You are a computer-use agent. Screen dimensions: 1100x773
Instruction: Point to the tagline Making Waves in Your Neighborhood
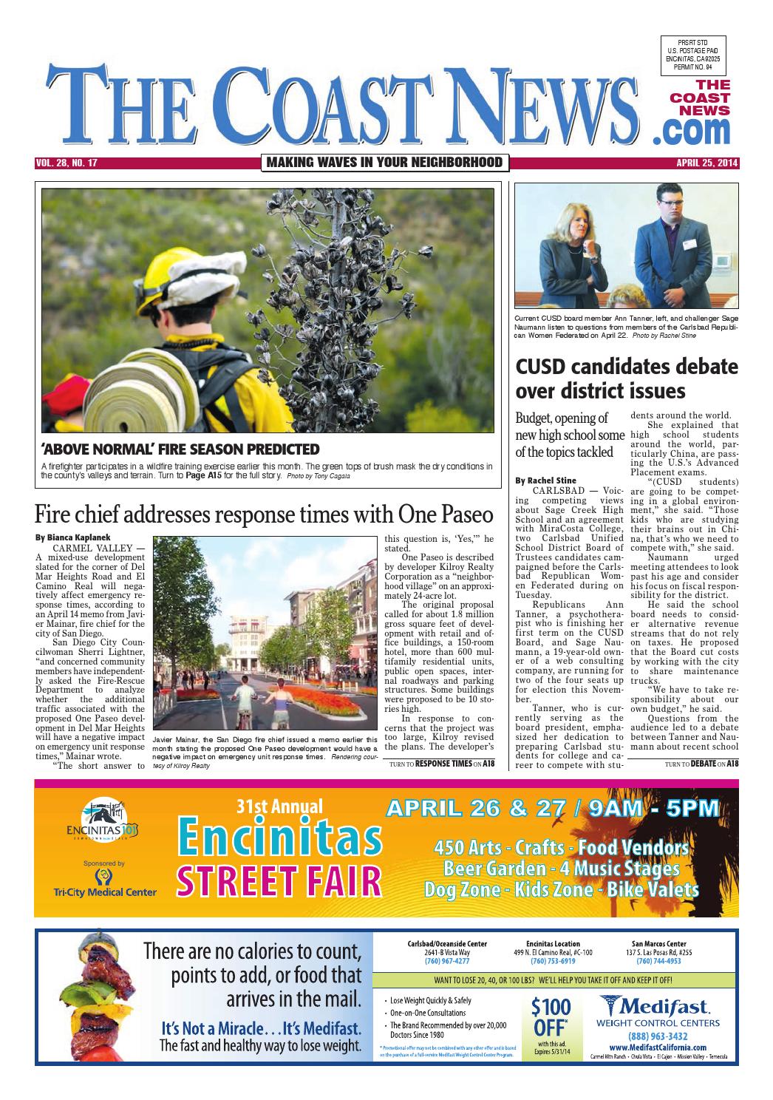pyautogui.click(x=384, y=163)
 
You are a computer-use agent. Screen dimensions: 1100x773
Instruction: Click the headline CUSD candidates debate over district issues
pyautogui.click(x=626, y=378)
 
